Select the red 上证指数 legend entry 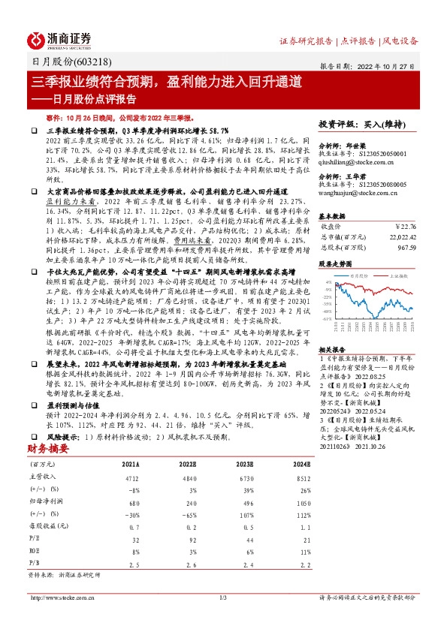(x=397, y=275)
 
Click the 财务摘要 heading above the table (x=48, y=448)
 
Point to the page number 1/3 (x=222, y=597)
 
